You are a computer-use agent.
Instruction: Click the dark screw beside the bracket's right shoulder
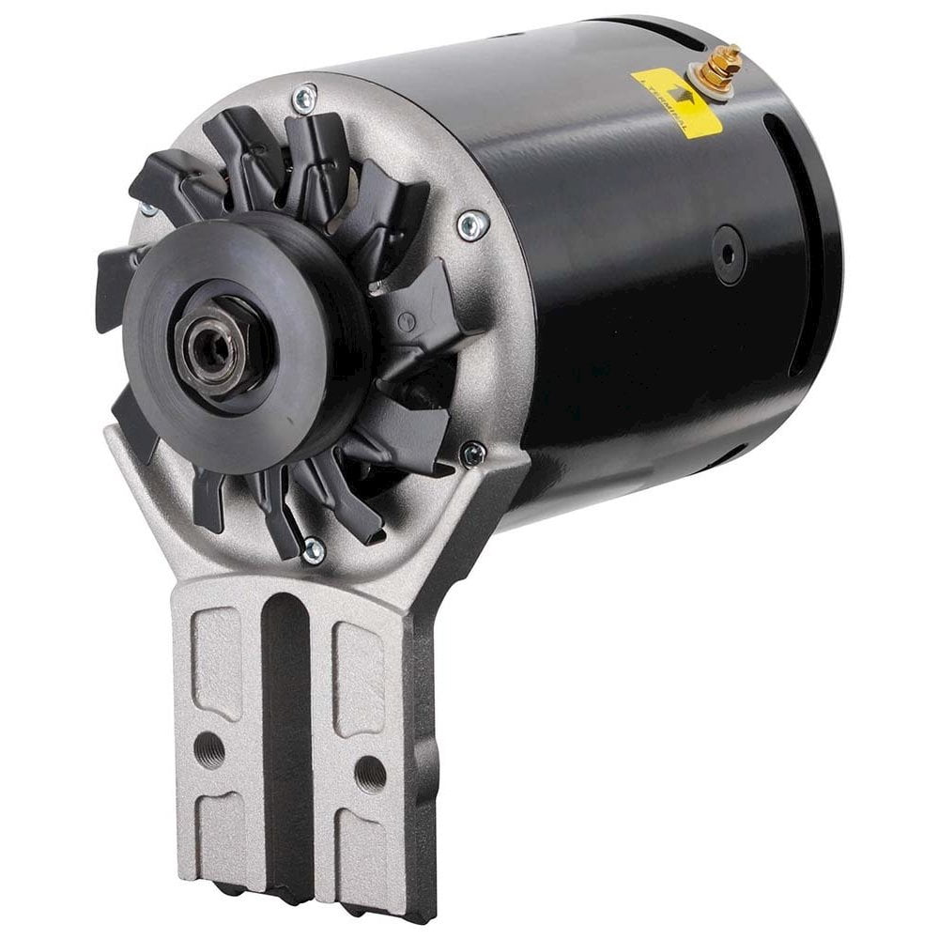coord(473,454)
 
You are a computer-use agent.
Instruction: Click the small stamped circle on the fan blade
coord(407,321)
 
